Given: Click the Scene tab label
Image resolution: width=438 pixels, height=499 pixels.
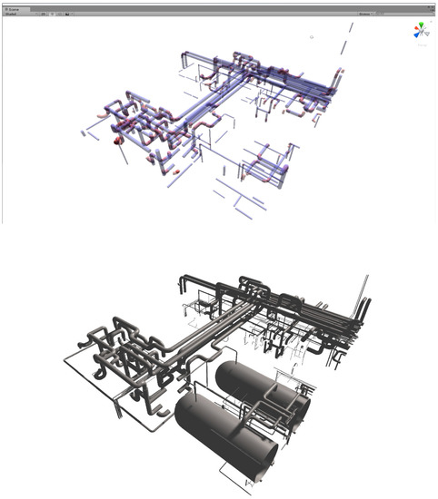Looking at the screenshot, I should tap(15, 5).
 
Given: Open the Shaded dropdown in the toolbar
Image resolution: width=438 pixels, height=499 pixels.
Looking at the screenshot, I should tap(12, 15).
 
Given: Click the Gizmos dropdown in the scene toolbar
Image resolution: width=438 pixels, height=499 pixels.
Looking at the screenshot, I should tap(365, 15).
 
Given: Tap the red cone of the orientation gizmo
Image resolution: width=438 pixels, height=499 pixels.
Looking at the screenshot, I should tap(413, 33).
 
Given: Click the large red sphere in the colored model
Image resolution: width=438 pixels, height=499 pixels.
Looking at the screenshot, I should tap(117, 141).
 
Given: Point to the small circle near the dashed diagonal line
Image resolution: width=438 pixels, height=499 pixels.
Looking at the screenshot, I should tap(312, 38).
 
